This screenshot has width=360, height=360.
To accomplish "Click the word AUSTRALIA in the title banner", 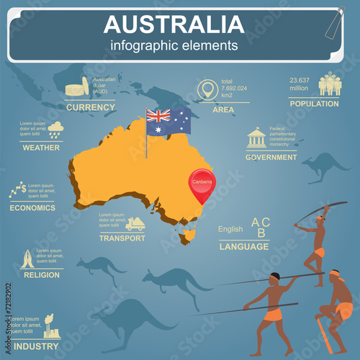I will (174, 24).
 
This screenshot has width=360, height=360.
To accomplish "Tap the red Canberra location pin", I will (202, 183).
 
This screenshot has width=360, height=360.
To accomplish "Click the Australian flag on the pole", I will (168, 120).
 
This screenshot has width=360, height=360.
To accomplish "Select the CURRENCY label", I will (90, 107).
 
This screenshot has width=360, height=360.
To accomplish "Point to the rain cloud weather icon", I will (55, 130).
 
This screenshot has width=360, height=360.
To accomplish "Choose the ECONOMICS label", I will (32, 207).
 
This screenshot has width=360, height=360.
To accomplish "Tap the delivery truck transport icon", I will (135, 225).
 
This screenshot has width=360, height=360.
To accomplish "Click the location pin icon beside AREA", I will (208, 91).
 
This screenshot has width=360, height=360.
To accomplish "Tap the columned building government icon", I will (256, 138).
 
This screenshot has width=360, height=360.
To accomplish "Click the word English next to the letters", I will (230, 230).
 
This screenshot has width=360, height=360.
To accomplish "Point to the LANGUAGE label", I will (243, 246).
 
